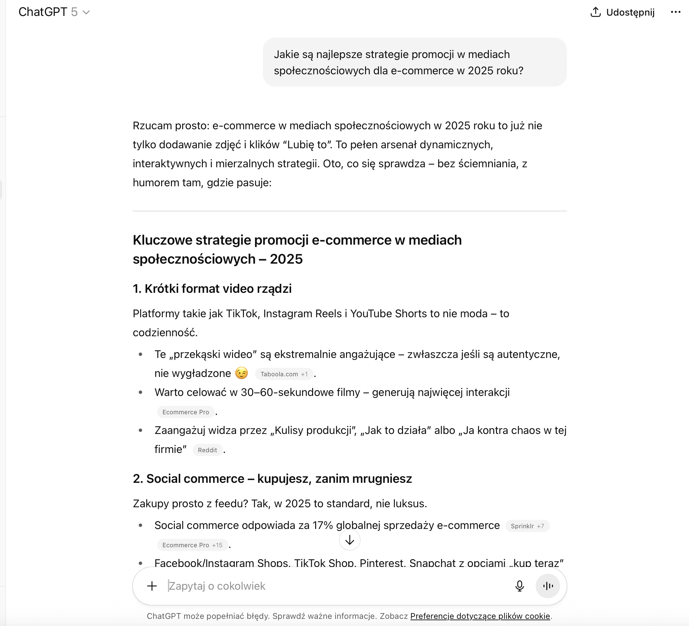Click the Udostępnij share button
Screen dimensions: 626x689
click(x=623, y=12)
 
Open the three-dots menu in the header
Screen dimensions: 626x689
click(x=675, y=12)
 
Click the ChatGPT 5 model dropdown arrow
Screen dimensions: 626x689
click(x=87, y=13)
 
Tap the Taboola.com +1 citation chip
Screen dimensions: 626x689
click(x=284, y=374)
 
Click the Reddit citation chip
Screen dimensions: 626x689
click(x=207, y=450)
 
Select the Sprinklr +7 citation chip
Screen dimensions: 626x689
click(x=527, y=526)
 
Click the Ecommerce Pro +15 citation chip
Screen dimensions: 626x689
click(x=192, y=545)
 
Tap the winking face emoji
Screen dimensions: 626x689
click(x=242, y=373)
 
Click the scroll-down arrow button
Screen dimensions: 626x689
click(x=349, y=540)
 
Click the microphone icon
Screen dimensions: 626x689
click(x=519, y=586)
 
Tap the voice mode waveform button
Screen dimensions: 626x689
click(x=548, y=586)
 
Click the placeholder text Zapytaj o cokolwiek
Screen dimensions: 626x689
click(x=217, y=586)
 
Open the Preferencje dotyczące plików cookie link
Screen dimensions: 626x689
click(x=480, y=616)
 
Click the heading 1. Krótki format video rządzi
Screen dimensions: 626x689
click(x=212, y=288)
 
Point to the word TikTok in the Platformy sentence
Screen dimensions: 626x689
click(x=242, y=314)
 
